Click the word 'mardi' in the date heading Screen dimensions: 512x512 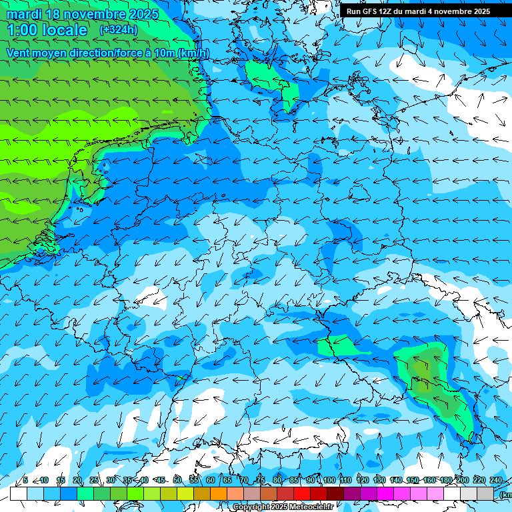23,14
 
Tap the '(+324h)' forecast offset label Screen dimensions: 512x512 119,30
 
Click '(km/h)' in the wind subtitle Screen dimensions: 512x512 193,53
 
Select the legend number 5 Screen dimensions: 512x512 25,480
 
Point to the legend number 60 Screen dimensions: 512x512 211,480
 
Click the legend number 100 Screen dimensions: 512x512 329,480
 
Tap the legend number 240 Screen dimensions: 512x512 495,480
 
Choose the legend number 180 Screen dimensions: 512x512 445,480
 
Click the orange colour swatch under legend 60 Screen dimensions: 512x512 219,493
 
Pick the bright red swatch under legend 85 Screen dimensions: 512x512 302,493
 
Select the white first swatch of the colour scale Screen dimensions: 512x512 19,493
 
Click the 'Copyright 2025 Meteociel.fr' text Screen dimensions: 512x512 283,507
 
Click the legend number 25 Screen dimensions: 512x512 94,480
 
